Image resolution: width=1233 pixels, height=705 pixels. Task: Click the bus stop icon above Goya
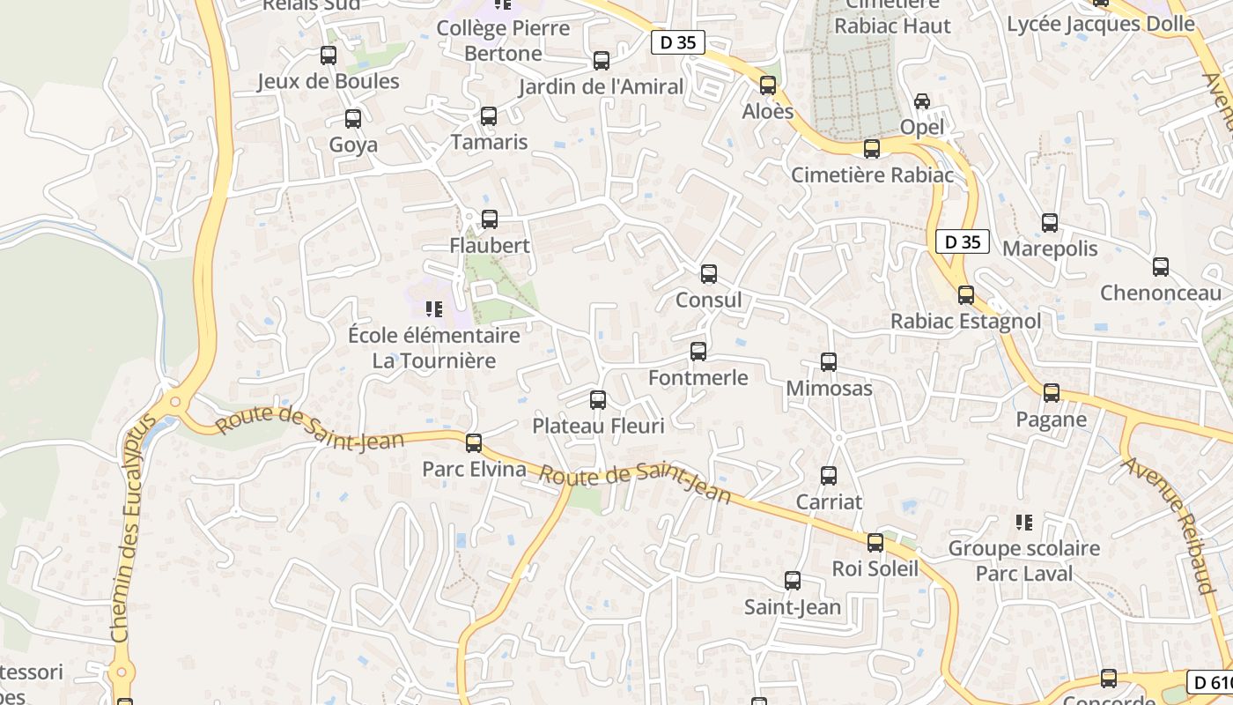353,119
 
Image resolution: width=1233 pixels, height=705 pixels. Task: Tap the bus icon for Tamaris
489,116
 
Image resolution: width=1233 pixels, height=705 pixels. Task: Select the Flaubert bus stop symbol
490,219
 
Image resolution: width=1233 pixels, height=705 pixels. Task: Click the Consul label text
708,301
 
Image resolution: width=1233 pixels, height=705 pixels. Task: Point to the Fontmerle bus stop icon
698,352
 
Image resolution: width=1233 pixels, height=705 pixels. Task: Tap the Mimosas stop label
829,389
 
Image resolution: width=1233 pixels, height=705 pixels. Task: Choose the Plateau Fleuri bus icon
598,400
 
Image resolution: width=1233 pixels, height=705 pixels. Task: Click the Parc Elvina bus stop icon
474,443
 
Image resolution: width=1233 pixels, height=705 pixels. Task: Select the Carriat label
829,502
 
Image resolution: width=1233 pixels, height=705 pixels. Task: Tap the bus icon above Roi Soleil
875,543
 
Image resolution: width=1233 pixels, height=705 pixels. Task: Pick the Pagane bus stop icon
1052,393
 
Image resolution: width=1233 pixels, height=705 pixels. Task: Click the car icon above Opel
922,101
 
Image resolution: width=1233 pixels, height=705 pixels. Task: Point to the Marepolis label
1050,249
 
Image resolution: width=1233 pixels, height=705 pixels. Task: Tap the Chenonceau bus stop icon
1161,267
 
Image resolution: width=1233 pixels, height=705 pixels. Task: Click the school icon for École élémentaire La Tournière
433,308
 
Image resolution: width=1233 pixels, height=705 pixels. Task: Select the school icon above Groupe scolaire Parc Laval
1023,523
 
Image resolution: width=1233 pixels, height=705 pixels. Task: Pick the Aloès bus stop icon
768,85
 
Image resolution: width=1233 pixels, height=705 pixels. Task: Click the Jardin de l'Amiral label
601,87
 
